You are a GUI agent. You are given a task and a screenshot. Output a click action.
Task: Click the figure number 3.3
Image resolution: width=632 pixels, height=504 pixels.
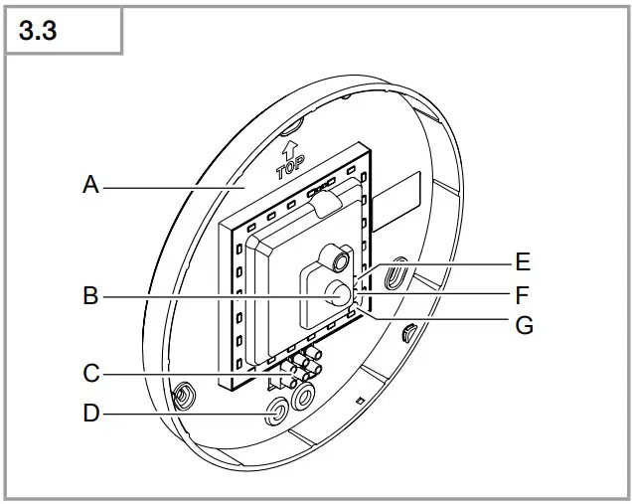pos(38,31)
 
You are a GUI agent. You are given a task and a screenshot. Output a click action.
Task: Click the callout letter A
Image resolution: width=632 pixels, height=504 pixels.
pos(91,186)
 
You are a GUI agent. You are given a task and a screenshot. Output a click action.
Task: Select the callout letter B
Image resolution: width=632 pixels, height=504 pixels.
pos(91,295)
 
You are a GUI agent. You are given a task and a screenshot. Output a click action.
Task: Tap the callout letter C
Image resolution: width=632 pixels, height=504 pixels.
pos(91,374)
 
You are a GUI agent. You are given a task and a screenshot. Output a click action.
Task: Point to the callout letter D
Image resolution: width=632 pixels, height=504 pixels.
pos(91,412)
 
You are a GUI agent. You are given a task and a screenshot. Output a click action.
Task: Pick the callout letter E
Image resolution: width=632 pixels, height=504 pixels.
pos(523,263)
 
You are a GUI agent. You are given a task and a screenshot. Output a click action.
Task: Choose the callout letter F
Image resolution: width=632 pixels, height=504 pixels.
pos(523,294)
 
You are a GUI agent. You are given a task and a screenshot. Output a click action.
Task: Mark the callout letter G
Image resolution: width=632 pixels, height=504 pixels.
pos(524,325)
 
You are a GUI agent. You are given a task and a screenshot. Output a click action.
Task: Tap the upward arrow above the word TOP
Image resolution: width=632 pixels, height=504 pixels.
pos(292,150)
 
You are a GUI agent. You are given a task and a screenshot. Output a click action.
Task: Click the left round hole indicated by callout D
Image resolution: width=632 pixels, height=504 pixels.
pos(272,412)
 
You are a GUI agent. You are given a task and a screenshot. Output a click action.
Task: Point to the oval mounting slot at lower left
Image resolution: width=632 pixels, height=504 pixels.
pos(183,398)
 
